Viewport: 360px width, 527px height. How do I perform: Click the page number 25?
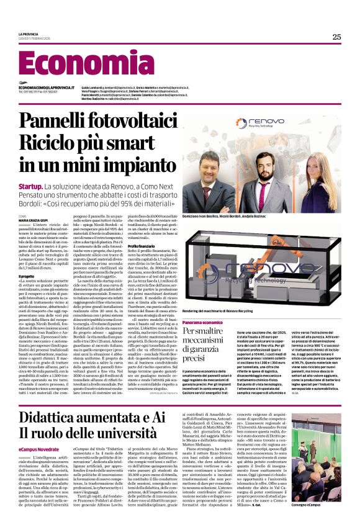[336, 37]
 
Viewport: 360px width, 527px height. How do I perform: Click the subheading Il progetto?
[27, 277]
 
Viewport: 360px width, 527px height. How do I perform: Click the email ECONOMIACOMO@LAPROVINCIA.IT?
[42, 88]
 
